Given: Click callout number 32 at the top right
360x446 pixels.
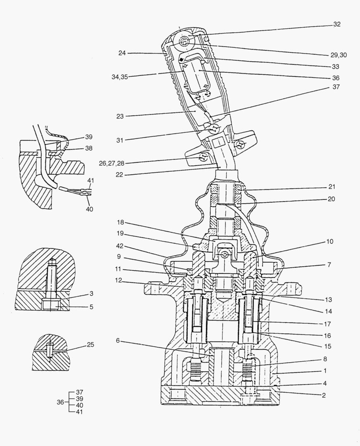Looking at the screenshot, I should [x=337, y=24].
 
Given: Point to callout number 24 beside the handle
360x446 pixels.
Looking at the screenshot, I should [x=122, y=53].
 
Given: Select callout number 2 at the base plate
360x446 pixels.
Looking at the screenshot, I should [x=324, y=395].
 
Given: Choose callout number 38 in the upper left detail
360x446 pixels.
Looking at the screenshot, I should [x=89, y=148].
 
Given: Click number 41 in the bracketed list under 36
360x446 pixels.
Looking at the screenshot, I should [x=80, y=412].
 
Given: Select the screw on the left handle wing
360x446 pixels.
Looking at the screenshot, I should [x=203, y=157].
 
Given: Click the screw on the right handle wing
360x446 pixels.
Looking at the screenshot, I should [x=241, y=144].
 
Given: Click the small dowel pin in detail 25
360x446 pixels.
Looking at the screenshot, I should [x=49, y=351].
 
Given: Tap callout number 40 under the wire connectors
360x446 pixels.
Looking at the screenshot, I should [x=89, y=209].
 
